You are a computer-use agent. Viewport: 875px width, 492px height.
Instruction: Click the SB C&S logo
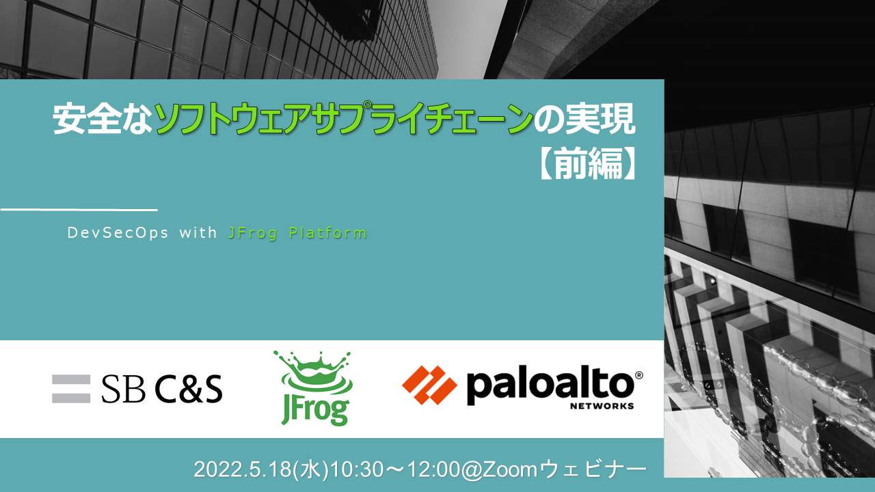[137, 389]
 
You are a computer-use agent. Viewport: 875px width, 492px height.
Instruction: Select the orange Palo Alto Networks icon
[430, 385]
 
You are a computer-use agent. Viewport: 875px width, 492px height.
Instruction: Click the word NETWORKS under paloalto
[602, 406]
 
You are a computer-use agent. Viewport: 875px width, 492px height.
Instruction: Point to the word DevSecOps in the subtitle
[118, 233]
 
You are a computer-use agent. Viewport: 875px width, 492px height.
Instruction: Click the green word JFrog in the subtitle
[252, 233]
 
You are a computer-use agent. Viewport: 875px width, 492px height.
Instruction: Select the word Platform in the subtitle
[327, 233]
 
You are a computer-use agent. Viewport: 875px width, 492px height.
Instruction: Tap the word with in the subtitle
[198, 232]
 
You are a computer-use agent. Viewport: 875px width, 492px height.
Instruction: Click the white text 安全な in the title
[103, 119]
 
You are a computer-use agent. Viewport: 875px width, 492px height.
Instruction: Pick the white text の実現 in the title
[584, 119]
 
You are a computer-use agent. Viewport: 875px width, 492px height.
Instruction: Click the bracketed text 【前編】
[589, 163]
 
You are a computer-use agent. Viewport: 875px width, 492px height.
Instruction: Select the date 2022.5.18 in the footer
[243, 469]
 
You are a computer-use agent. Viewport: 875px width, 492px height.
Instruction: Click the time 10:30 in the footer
[357, 469]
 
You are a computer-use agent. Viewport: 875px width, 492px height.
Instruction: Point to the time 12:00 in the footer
[433, 469]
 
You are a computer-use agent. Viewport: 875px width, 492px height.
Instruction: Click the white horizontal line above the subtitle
[79, 210]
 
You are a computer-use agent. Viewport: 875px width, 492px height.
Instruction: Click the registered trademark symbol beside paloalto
[639, 375]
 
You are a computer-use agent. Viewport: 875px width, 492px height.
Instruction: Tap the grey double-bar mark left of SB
[71, 389]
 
